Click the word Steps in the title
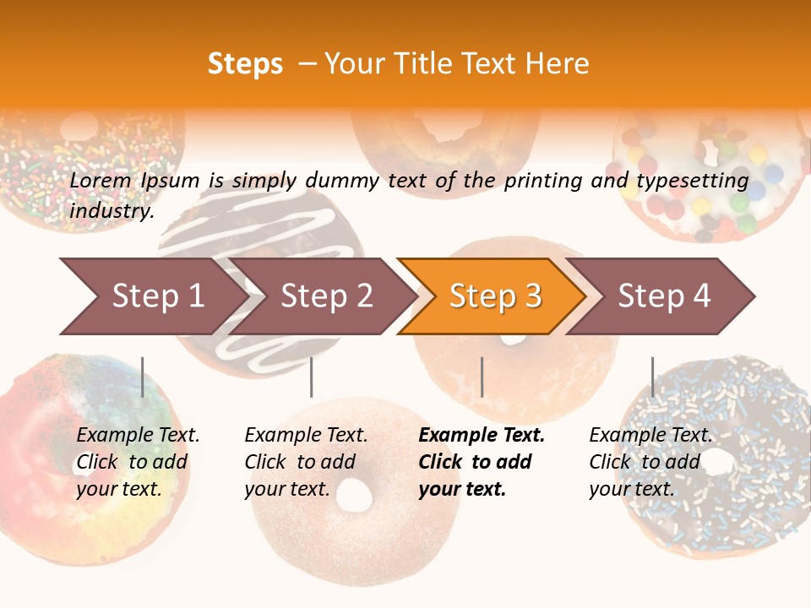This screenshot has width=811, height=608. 245,64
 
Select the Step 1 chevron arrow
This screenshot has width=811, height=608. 152,296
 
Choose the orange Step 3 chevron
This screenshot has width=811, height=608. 495,296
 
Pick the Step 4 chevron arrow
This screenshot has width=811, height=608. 664,296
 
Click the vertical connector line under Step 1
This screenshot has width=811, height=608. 143,377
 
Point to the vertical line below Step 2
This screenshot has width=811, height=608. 312,377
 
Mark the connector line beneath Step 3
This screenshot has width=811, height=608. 482,377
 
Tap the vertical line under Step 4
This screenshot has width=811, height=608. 652,377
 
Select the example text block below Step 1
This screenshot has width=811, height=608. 138,462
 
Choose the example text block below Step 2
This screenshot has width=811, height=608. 306,462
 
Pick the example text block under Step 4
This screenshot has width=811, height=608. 650,462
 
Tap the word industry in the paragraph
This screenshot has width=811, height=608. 112,211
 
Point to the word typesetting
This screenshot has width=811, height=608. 692,181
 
